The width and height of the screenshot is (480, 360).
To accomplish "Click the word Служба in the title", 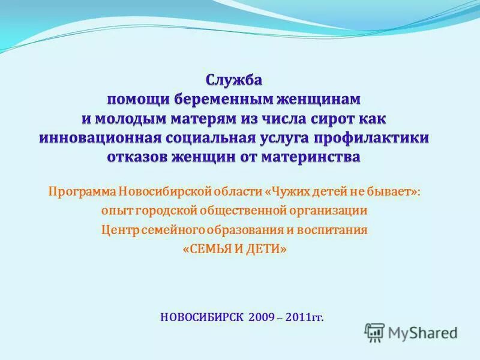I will (235, 79).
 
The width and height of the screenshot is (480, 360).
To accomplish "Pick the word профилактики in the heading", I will (378, 137).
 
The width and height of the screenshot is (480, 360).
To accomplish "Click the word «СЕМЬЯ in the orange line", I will (208, 249).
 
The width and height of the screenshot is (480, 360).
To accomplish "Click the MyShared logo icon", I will (375, 331).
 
